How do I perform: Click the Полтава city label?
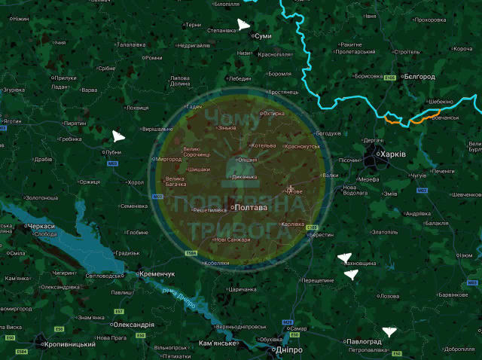[251, 207]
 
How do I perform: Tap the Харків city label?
[393, 154]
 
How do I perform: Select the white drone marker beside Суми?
[243, 25]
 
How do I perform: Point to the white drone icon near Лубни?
[118, 136]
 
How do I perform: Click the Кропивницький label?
[69, 344]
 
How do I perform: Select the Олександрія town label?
[133, 325]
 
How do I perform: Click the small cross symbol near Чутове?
[291, 188]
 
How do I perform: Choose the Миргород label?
[167, 160]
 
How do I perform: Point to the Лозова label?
[389, 296]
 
